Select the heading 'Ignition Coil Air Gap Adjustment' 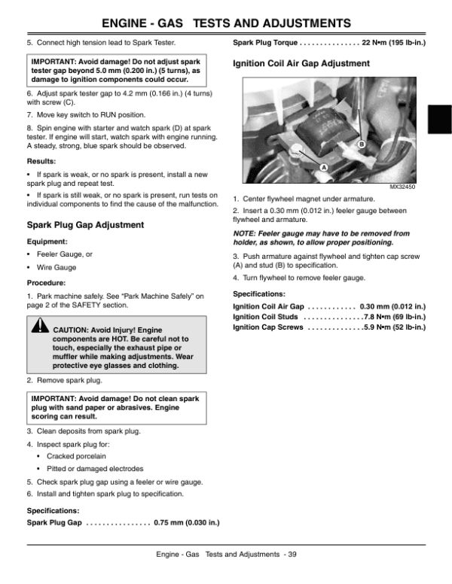click(x=301, y=64)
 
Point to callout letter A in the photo click(x=323, y=165)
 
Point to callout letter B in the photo click(x=362, y=143)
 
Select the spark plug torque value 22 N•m click(x=377, y=42)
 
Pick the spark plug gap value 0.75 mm click(x=186, y=522)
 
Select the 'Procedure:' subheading click(x=47, y=284)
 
